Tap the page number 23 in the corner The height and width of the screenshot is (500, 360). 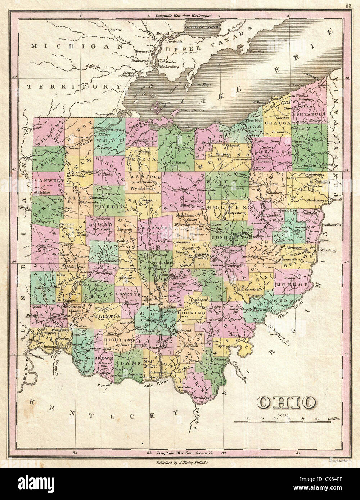click(348, 5)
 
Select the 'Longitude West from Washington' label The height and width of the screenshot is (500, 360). click(183, 16)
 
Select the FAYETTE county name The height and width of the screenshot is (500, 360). click(128, 294)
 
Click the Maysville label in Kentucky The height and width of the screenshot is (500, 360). click(103, 384)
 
